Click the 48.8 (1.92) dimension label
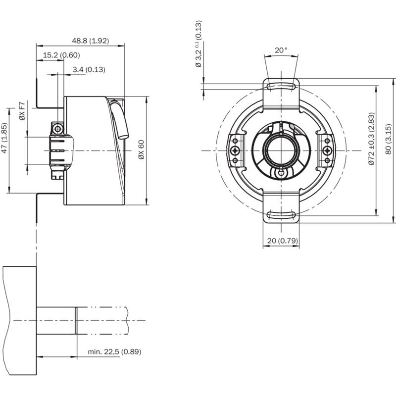pos(91,41)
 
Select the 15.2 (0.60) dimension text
pos(61,55)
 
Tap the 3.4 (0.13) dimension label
pos(89,69)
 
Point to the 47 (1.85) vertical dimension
pos(4,138)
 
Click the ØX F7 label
pos(22,111)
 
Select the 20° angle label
pos(281,50)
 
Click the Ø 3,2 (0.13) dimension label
pos(199,44)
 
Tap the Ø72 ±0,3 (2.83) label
pos(371,139)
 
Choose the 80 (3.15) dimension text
pos(389,139)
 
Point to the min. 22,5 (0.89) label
pos(114,351)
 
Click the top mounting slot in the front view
pos(281,87)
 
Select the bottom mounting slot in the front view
pos(281,215)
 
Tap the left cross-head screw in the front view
pos(236,151)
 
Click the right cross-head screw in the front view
pos(327,151)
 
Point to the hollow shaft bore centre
pos(281,151)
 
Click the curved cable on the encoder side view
pos(119,119)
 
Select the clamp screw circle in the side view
pos(58,130)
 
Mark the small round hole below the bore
pos(281,173)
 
